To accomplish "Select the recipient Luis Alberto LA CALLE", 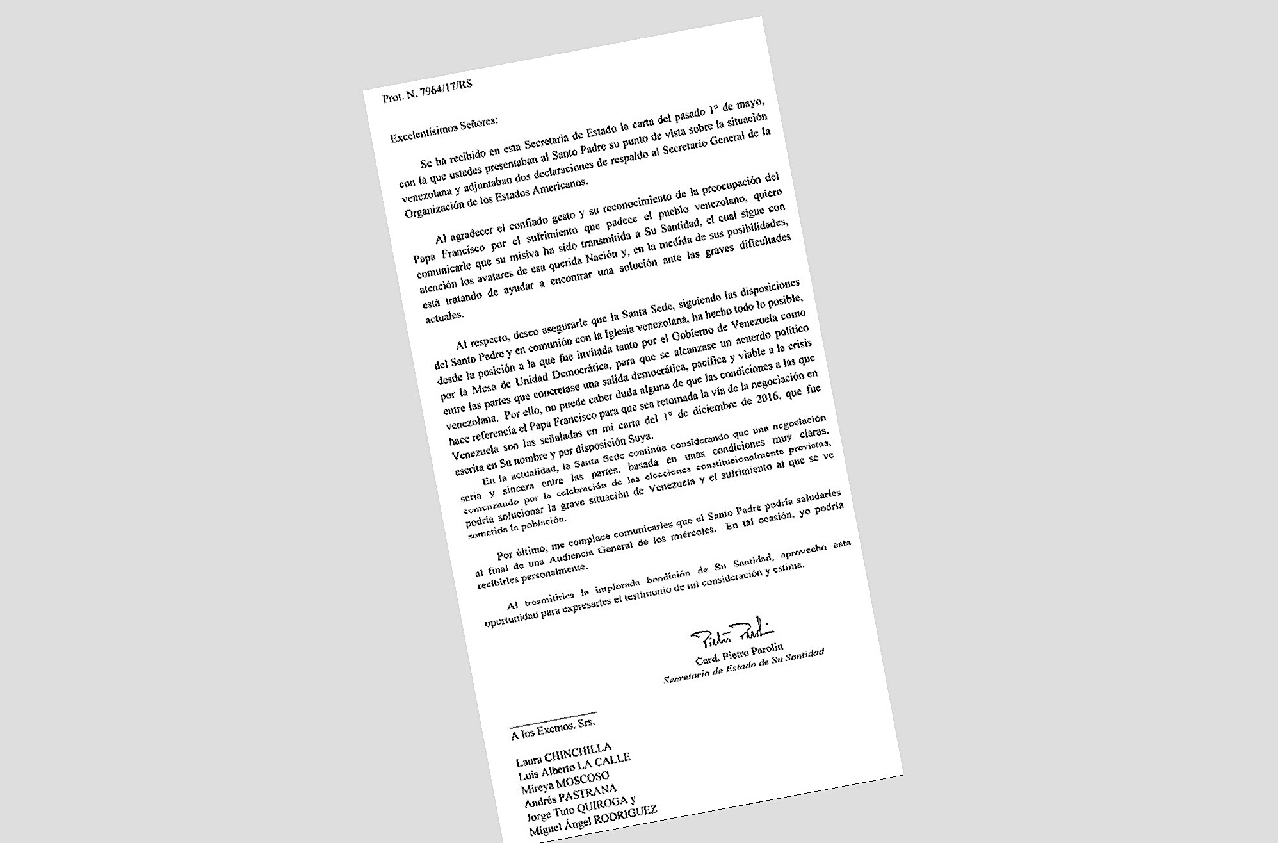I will tap(574, 766).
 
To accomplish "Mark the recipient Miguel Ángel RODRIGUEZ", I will tap(592, 823).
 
